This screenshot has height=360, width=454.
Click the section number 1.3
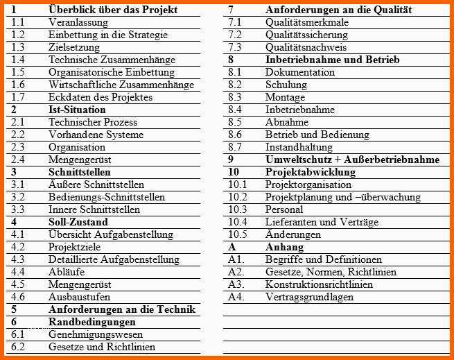click(x=18, y=47)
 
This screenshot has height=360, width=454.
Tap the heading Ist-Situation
click(x=77, y=110)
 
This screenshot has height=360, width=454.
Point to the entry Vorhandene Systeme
click(x=96, y=135)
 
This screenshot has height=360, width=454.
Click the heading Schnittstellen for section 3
click(x=79, y=172)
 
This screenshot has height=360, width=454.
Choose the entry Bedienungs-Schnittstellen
click(x=107, y=197)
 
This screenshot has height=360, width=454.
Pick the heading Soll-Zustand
click(x=78, y=222)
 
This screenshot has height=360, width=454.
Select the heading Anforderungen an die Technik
click(x=121, y=309)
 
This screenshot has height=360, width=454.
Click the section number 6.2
click(x=18, y=347)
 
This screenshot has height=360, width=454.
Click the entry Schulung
click(x=286, y=85)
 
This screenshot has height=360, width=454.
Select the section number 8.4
click(x=235, y=110)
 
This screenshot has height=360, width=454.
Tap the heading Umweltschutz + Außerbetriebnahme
click(x=352, y=160)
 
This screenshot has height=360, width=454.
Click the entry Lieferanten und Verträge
click(x=322, y=222)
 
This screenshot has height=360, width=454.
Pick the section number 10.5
click(x=238, y=234)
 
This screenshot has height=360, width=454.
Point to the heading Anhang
click(x=284, y=247)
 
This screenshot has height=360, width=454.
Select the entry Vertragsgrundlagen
click(x=309, y=297)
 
